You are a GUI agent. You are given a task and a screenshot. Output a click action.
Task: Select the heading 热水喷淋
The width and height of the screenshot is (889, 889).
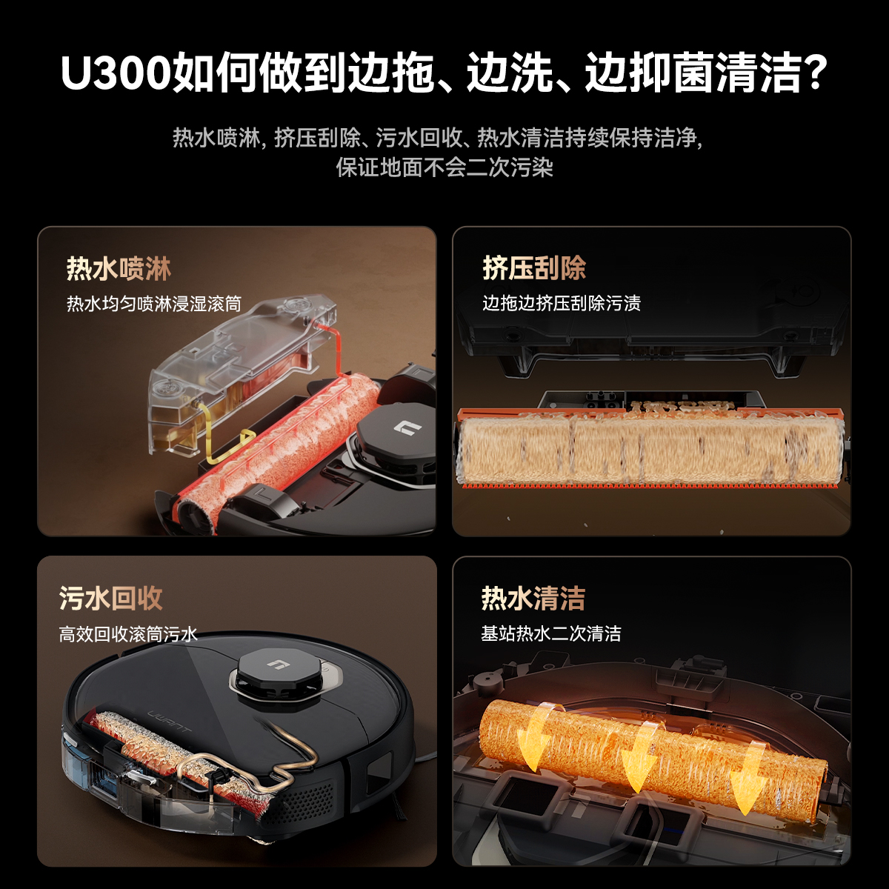(x=119, y=269)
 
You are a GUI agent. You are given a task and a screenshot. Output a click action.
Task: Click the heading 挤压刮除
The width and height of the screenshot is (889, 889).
(x=534, y=267)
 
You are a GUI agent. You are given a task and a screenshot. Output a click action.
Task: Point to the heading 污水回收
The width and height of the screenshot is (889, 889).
(x=110, y=599)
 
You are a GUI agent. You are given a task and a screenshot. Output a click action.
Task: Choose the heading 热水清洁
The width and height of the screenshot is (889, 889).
(x=533, y=599)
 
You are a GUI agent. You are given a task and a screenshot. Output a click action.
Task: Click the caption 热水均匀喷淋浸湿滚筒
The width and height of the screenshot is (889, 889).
(x=154, y=304)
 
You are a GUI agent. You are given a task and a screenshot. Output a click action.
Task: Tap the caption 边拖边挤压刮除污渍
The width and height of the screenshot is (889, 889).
(x=562, y=303)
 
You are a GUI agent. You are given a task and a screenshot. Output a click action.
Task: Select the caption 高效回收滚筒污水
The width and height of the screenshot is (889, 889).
(x=128, y=634)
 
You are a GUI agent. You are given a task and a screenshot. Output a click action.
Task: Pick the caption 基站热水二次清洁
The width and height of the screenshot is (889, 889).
(x=551, y=633)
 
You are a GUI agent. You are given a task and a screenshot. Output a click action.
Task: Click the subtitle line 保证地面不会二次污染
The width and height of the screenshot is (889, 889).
(x=444, y=167)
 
